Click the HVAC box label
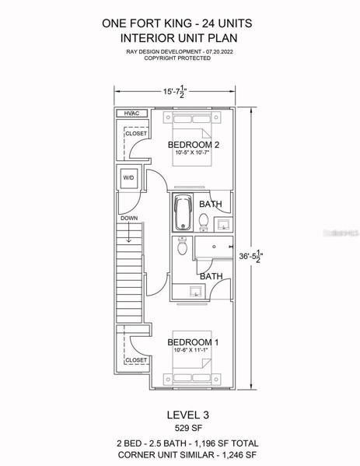tap(131, 114)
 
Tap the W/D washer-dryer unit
tap(128, 178)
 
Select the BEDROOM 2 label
tap(194, 145)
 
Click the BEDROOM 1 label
tap(193, 342)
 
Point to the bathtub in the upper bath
tap(183, 212)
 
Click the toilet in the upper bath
tap(204, 222)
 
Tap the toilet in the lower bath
tap(182, 246)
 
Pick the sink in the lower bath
tap(196, 291)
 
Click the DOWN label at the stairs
tap(129, 218)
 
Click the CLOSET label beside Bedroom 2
tap(136, 134)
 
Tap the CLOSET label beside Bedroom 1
tap(136, 360)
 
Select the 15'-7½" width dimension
tap(175, 91)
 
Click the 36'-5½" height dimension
tap(251, 256)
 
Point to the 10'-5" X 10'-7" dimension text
tap(193, 152)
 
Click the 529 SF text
tap(188, 428)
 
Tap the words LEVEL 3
tap(187, 415)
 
